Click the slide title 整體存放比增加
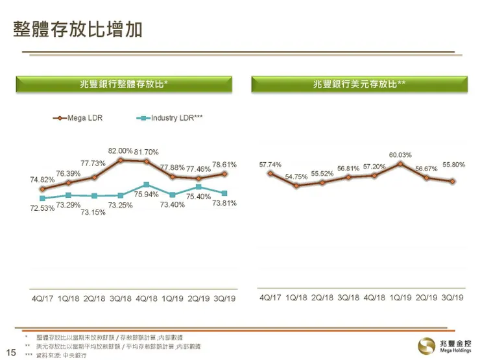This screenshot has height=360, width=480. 78,30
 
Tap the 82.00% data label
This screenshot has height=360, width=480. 120,151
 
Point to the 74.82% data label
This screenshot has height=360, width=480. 42,180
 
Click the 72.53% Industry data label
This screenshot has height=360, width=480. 42,208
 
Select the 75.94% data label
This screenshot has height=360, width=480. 147,194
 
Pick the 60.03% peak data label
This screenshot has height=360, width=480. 400,155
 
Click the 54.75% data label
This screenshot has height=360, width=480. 296,176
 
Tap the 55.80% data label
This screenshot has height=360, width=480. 453,165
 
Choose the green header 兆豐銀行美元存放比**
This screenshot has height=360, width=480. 359,84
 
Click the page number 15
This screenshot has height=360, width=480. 10,354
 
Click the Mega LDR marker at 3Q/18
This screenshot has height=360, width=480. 121,160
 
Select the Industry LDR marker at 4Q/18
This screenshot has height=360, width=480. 147,185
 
